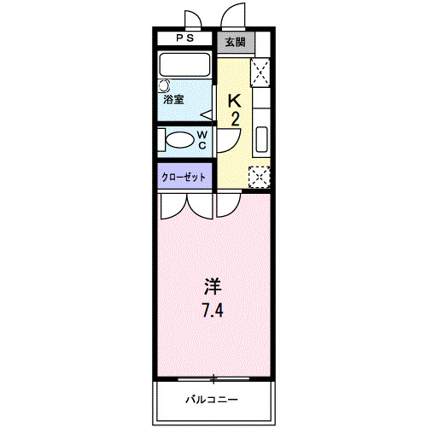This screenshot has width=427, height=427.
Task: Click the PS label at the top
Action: click(185, 38)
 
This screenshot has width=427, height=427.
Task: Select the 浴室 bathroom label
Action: click(174, 100)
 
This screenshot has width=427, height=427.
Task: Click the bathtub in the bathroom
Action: click(185, 65)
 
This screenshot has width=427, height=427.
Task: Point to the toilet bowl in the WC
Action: click(179, 140)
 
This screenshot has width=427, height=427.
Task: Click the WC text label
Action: click(202, 140)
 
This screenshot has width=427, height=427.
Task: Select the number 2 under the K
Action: click(235, 119)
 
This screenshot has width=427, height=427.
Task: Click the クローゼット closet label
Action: click(185, 177)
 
